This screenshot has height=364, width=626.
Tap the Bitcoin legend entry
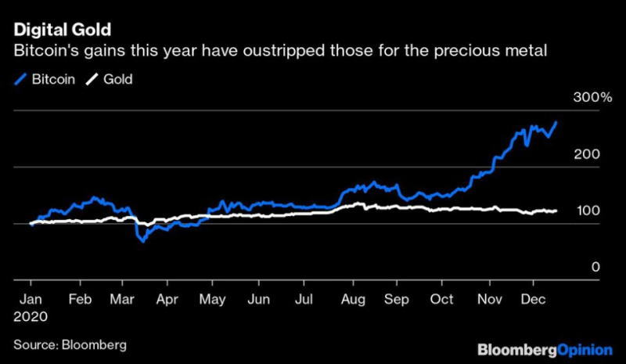click(46, 80)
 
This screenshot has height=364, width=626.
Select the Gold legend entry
click(110, 80)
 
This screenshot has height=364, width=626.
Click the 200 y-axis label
click(588, 154)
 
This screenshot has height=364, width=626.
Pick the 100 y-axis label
click(588, 211)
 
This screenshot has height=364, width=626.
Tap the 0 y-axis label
click(595, 267)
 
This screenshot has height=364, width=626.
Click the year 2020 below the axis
click(32, 317)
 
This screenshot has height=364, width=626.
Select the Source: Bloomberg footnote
click(70, 344)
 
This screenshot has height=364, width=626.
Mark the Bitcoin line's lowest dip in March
click(143, 241)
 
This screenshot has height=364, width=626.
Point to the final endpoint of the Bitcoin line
click(556, 122)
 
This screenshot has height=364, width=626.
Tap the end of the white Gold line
click(556, 211)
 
